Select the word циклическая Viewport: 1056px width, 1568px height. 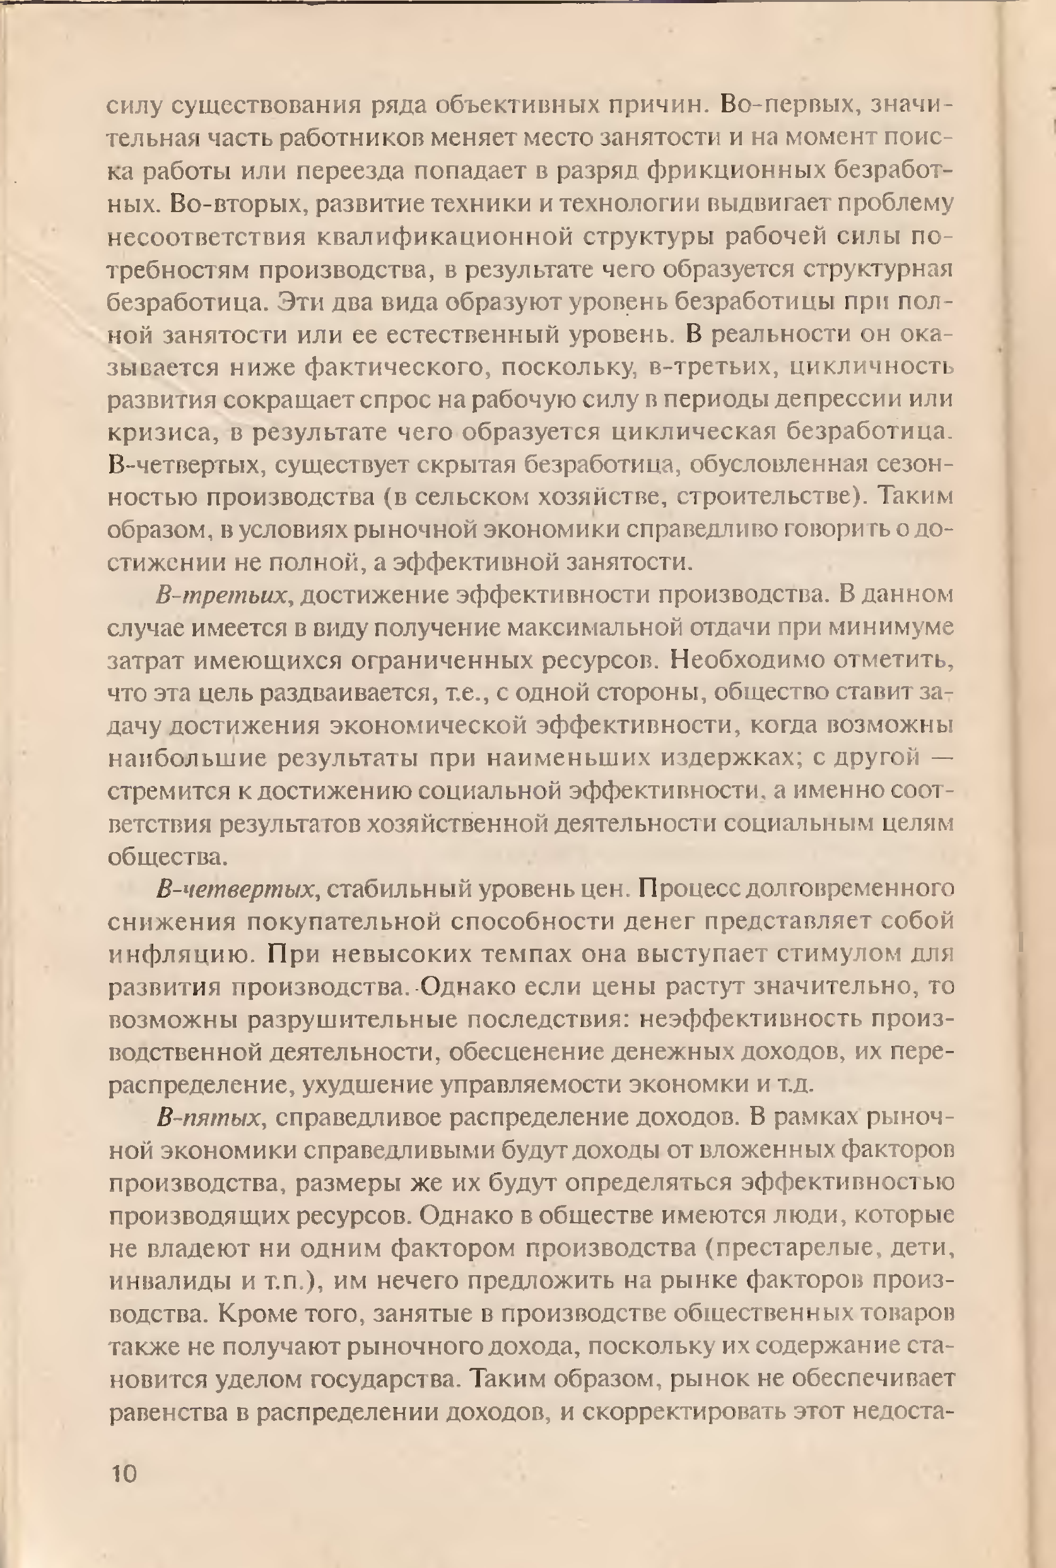691,432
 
